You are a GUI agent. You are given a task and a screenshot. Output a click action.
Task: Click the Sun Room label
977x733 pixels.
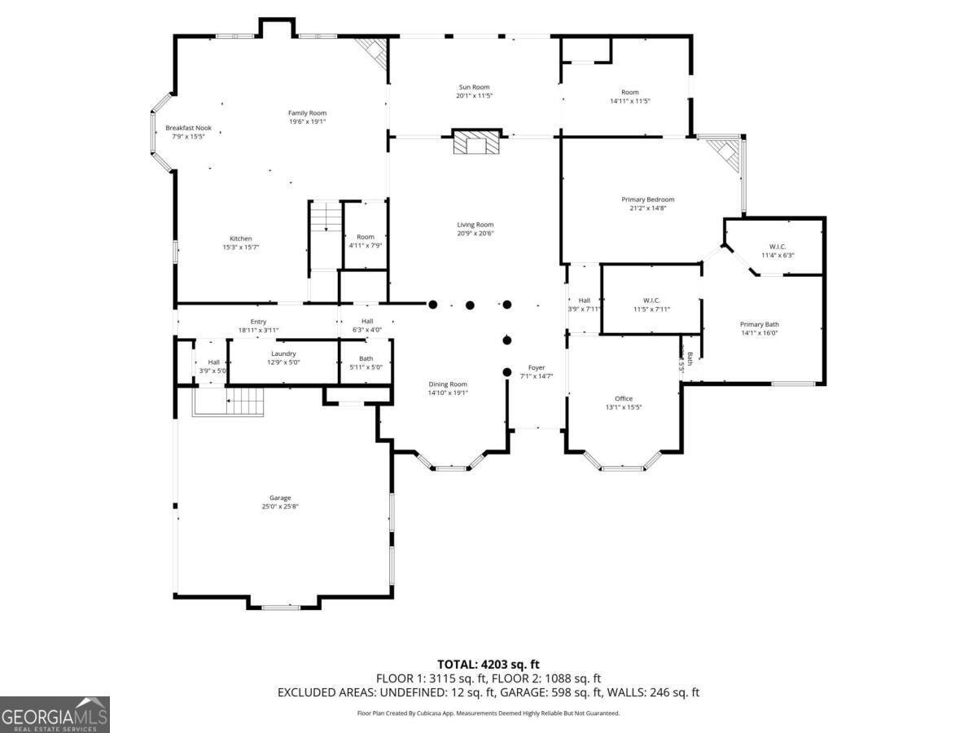click(x=473, y=87)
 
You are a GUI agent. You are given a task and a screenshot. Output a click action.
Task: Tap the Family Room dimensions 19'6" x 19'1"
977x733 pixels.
click(x=307, y=122)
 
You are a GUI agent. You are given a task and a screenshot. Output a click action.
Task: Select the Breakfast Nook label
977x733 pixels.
click(x=188, y=128)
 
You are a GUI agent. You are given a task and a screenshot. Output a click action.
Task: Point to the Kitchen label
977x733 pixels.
click(x=240, y=239)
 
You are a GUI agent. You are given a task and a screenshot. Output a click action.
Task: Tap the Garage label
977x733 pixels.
click(x=280, y=498)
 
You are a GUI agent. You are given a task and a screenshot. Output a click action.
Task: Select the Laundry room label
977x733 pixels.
click(x=283, y=353)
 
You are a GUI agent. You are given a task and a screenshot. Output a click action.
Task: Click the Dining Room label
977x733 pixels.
click(x=448, y=384)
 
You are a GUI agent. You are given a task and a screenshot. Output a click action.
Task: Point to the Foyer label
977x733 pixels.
click(x=536, y=367)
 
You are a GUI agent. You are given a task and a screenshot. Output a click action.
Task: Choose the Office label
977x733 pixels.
click(x=623, y=398)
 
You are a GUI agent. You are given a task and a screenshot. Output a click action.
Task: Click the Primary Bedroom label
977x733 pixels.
click(x=647, y=200)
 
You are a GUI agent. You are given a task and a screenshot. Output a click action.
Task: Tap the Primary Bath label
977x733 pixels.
click(x=760, y=324)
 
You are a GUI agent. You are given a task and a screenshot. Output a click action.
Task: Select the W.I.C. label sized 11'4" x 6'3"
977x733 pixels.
click(x=777, y=247)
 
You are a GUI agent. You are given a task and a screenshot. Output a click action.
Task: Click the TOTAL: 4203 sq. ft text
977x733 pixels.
click(x=488, y=664)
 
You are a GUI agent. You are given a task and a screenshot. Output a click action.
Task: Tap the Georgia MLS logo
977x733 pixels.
click(x=55, y=715)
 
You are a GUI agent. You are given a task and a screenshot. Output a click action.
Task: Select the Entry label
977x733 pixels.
click(x=258, y=322)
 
